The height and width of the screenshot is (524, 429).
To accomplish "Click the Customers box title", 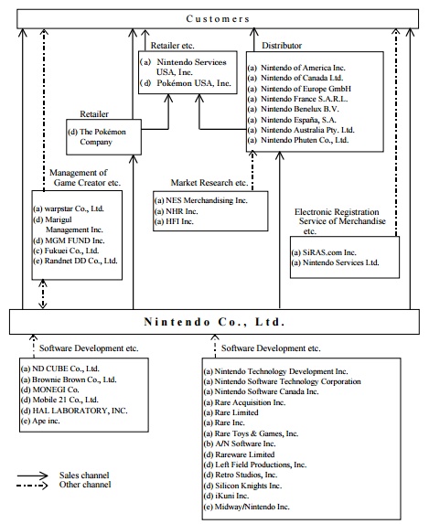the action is [218, 18].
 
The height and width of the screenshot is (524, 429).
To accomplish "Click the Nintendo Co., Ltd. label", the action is [214, 322].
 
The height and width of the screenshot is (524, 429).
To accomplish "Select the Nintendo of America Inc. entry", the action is [296, 68].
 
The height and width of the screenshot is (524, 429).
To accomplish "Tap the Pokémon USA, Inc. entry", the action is [186, 83].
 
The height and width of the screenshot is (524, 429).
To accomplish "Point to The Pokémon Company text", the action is [97, 136].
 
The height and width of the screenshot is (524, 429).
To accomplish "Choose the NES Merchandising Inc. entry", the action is [201, 200].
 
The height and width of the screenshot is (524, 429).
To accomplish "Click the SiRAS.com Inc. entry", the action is [324, 252].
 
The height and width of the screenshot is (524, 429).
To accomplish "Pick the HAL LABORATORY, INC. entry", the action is [74, 411].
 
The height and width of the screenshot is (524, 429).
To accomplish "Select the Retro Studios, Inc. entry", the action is [241, 475].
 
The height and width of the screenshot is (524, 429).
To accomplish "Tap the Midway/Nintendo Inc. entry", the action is [247, 507].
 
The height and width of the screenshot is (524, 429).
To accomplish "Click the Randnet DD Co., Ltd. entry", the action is [76, 261].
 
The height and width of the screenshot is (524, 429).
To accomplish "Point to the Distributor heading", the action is [282, 46].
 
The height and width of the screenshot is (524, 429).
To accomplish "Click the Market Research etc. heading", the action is [209, 183].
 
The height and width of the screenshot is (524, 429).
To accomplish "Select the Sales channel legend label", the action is [84, 475].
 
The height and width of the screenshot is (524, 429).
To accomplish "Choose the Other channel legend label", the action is [85, 485].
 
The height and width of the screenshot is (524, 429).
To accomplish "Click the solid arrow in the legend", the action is [32, 476].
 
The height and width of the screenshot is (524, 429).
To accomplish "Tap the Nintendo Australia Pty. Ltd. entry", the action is [301, 130].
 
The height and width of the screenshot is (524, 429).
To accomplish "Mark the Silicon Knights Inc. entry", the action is [243, 486].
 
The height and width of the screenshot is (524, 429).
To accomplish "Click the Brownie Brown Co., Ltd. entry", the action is [69, 380].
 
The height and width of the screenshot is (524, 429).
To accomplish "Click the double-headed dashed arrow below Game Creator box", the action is [42, 294].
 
